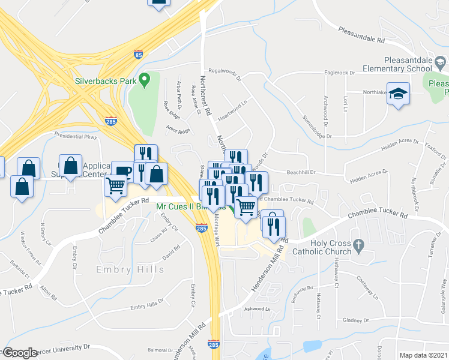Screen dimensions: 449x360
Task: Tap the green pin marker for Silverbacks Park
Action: coord(144,79)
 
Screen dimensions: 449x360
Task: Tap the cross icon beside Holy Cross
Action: coord(358,244)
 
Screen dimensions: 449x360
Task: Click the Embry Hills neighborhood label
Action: coord(130,269)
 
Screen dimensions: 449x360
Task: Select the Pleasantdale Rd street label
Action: coord(361,35)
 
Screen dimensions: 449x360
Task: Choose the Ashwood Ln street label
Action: coord(257,309)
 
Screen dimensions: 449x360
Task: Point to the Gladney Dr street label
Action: coord(352,320)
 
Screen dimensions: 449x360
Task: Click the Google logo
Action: coord(20,353)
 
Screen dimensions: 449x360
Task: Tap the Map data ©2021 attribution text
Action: coord(423,355)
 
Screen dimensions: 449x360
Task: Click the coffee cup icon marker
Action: coord(122,171)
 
